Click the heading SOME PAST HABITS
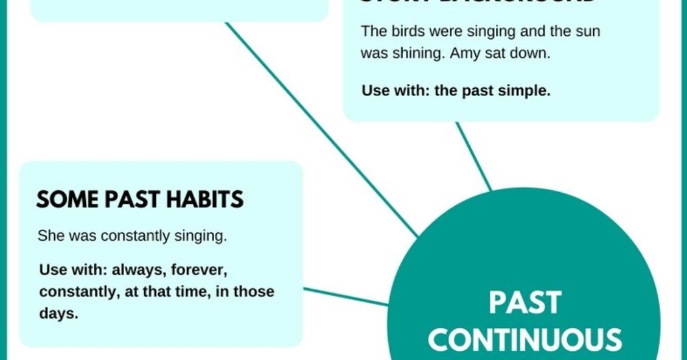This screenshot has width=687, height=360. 140,199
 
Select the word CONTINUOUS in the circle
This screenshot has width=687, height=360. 525,339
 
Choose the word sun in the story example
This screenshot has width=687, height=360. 587,31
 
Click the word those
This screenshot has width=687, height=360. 254,291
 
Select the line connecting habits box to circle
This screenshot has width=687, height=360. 345,296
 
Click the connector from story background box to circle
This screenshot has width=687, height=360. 473,155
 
